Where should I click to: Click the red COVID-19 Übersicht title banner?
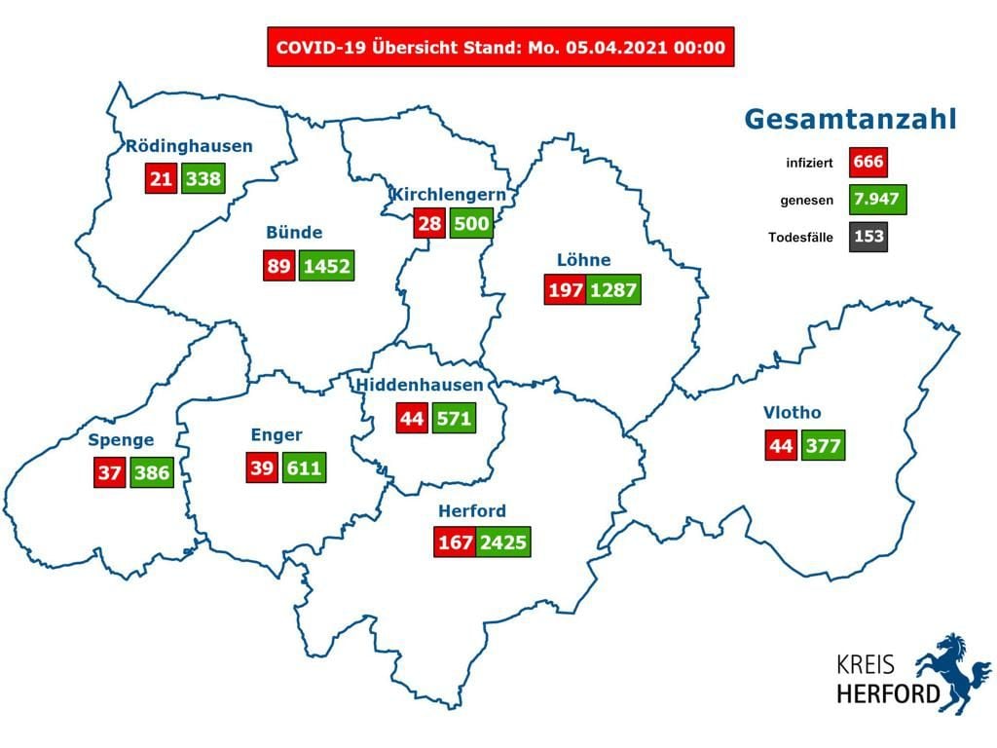(x=500, y=47)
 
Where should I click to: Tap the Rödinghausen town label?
(x=189, y=147)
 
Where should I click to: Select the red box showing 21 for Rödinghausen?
(x=161, y=179)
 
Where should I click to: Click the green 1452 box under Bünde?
(x=326, y=266)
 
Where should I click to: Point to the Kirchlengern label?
(x=448, y=195)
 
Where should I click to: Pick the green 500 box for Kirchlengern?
(x=470, y=224)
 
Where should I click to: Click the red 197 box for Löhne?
(x=565, y=290)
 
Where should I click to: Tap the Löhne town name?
(x=584, y=260)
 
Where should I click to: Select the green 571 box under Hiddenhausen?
(x=454, y=419)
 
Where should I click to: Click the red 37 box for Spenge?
(x=108, y=473)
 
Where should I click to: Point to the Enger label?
(x=277, y=435)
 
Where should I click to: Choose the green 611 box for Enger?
(x=303, y=467)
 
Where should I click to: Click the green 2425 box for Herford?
(x=503, y=542)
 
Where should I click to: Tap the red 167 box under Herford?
(x=454, y=542)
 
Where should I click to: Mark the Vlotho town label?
(x=792, y=413)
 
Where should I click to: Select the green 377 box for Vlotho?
(x=823, y=446)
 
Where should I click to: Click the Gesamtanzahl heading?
(x=850, y=120)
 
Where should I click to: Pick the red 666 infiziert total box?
(x=868, y=161)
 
